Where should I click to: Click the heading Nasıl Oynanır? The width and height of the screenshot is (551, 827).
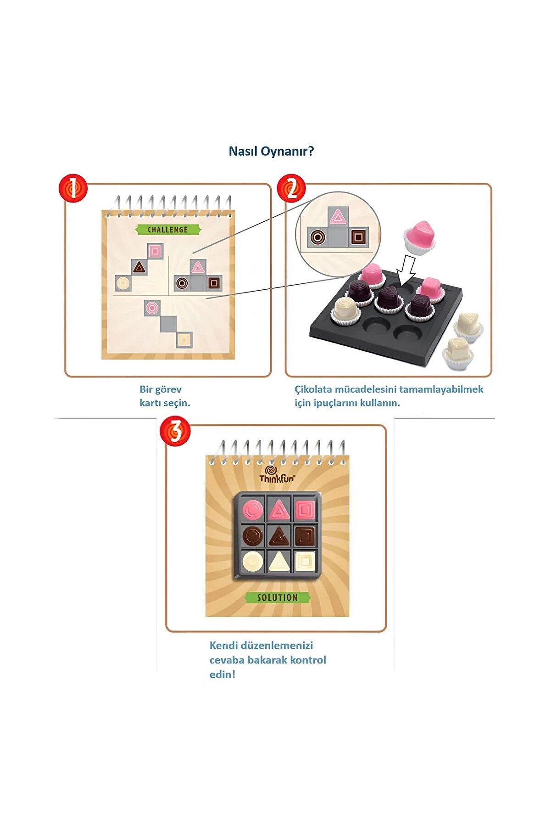(271, 151)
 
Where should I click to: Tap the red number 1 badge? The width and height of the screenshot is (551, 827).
(73, 188)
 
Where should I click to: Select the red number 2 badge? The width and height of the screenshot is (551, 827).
(292, 188)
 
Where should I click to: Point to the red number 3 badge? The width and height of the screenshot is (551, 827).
(175, 431)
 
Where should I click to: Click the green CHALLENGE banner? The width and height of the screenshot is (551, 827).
(168, 230)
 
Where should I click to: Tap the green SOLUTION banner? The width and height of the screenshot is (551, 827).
(277, 597)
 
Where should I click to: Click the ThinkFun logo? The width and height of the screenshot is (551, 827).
(277, 475)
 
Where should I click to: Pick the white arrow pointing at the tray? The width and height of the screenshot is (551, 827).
(406, 270)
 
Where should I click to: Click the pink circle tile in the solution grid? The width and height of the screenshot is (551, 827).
(252, 510)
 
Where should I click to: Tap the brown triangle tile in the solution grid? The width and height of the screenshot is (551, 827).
(278, 535)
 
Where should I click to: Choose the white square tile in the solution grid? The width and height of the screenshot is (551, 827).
(304, 561)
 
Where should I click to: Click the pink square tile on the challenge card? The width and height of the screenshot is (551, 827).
(156, 251)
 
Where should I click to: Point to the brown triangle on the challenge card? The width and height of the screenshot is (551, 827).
(139, 267)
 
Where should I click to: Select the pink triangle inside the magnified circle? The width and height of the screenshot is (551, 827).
(338, 216)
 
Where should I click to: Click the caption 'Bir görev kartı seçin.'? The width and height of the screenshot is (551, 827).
(165, 396)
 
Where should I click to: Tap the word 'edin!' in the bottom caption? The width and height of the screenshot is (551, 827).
(222, 675)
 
